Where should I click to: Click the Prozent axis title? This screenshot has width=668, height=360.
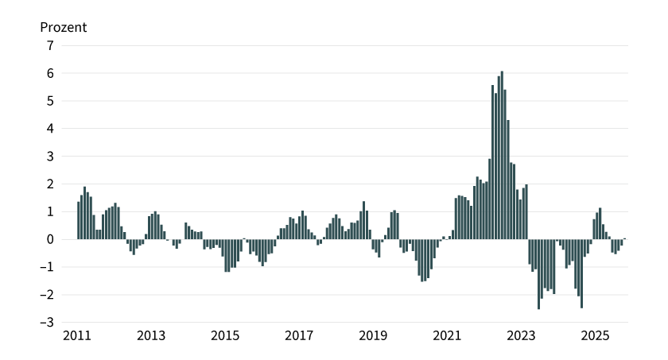[x=64, y=27]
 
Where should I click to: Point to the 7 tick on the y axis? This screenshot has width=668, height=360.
[x=49, y=46]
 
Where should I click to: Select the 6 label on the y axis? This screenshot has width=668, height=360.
[x=49, y=73]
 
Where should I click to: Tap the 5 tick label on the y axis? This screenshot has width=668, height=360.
[x=49, y=101]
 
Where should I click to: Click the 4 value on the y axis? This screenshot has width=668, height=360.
[x=49, y=129]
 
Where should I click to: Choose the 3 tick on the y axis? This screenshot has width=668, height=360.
[x=49, y=157]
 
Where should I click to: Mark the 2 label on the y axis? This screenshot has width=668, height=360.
[x=49, y=184]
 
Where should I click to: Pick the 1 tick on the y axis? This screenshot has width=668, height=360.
[x=49, y=212]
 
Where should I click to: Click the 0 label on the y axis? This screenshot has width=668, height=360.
[x=49, y=239]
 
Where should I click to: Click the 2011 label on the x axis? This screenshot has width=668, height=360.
[x=77, y=336]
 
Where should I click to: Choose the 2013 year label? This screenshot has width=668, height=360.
[x=151, y=336]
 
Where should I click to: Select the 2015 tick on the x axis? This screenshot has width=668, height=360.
[x=225, y=336]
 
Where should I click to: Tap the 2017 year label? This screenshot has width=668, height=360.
[x=299, y=336]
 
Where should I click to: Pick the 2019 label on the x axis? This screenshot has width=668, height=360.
[x=373, y=336]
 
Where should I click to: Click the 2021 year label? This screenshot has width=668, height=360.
[x=447, y=336]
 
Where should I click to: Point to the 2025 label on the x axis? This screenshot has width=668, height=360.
[x=595, y=336]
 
